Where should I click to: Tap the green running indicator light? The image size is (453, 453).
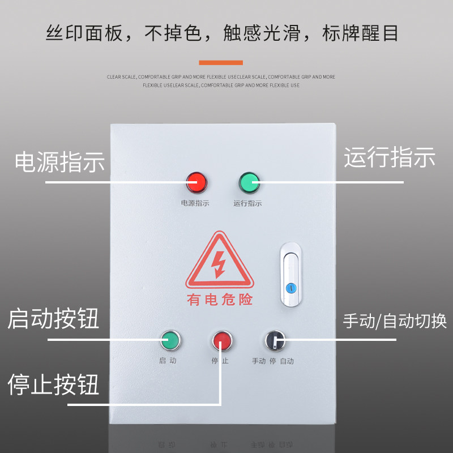point(249,182)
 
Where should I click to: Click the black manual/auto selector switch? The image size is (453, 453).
point(275,341)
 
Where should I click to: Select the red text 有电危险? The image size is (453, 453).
point(220,300)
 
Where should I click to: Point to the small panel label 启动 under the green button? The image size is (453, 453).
point(168,361)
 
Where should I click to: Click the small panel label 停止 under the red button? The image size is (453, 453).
point(220,361)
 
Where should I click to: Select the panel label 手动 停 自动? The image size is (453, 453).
point(273,361)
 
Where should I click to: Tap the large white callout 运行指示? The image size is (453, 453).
point(390,157)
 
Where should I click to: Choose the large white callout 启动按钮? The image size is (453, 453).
point(53,319)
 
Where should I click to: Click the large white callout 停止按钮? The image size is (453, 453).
point(53,386)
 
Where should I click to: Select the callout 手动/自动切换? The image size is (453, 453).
point(395,322)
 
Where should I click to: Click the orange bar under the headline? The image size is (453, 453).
point(221,62)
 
